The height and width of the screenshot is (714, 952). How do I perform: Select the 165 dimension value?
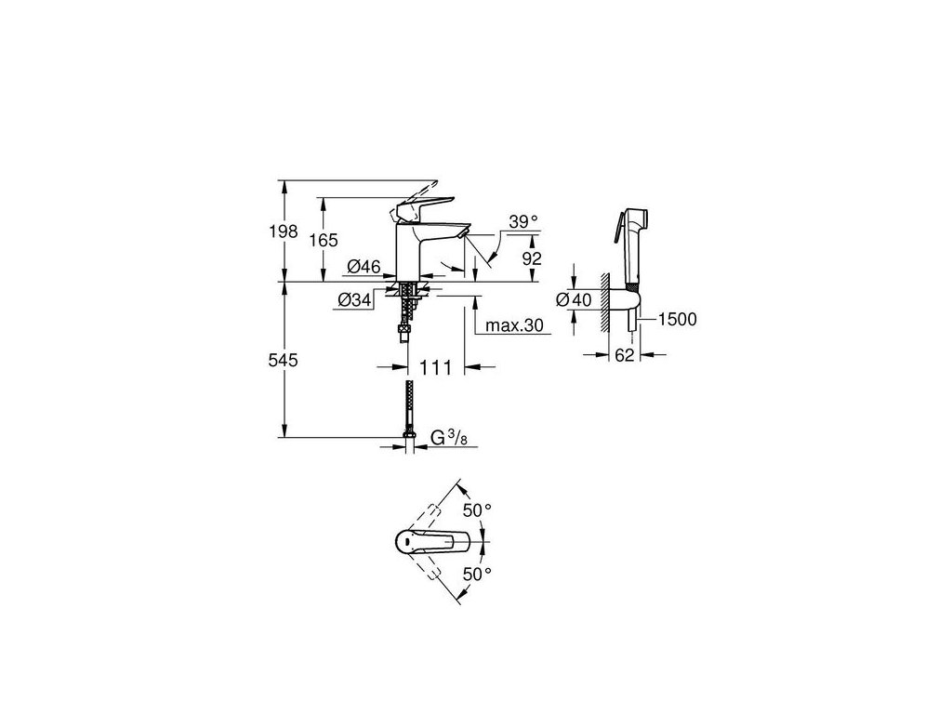point(323,240)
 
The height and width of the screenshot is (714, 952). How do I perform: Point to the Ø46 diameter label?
point(364,268)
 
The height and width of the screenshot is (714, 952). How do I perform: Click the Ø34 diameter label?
point(355,299)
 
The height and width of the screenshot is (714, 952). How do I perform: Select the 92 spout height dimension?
point(531,259)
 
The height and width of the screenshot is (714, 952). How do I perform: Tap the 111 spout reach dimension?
point(435,368)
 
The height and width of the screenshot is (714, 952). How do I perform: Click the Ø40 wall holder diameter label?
point(572,299)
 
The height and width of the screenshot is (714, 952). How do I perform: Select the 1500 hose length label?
point(676,319)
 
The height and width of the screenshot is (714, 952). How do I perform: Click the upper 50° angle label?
point(477,510)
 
